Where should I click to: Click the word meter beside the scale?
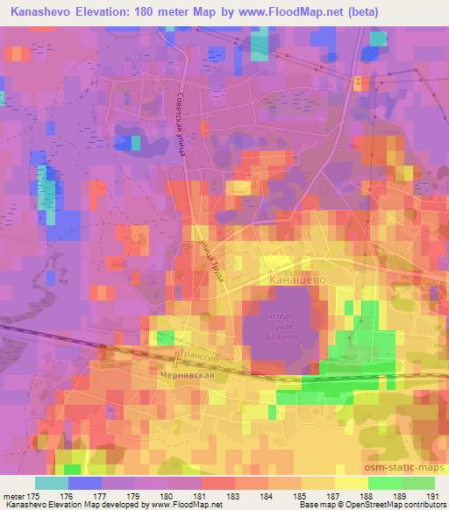click(x=14, y=496)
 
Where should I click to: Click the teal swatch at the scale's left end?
click(x=52, y=483)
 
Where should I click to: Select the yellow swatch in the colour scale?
click(x=351, y=483)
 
